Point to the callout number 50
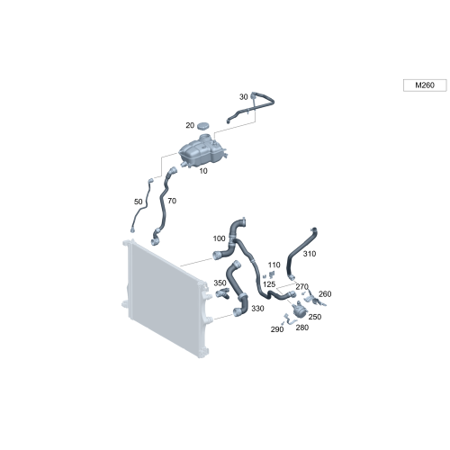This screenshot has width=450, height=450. [138, 202]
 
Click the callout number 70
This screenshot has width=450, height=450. [172, 201]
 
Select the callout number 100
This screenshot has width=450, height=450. [219, 238]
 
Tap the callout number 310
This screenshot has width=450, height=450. [310, 254]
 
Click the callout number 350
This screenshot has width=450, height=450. [220, 283]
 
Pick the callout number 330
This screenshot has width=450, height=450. [257, 308]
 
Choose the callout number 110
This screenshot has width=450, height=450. [274, 265]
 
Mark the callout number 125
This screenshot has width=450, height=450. [269, 283]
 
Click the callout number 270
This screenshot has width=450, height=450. [301, 286]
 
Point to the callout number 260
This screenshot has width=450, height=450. [325, 293]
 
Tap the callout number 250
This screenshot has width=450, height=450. [314, 317]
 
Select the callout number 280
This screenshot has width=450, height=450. [301, 328]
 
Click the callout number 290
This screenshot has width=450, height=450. [276, 329]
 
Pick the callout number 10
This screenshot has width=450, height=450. [203, 169]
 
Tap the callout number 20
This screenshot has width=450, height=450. [190, 125]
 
